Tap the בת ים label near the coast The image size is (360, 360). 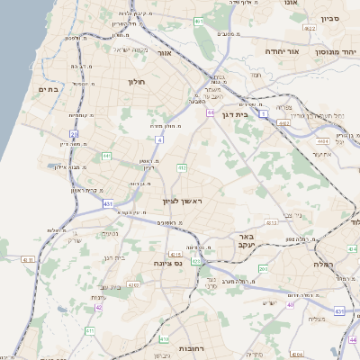tap(48, 89)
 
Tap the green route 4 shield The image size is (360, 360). tap(159, 140)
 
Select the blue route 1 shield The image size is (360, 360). tap(264, 115)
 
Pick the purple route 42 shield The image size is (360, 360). tap(98, 307)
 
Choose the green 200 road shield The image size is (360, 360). tap(263, 268)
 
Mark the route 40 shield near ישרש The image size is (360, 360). tap(290, 305)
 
